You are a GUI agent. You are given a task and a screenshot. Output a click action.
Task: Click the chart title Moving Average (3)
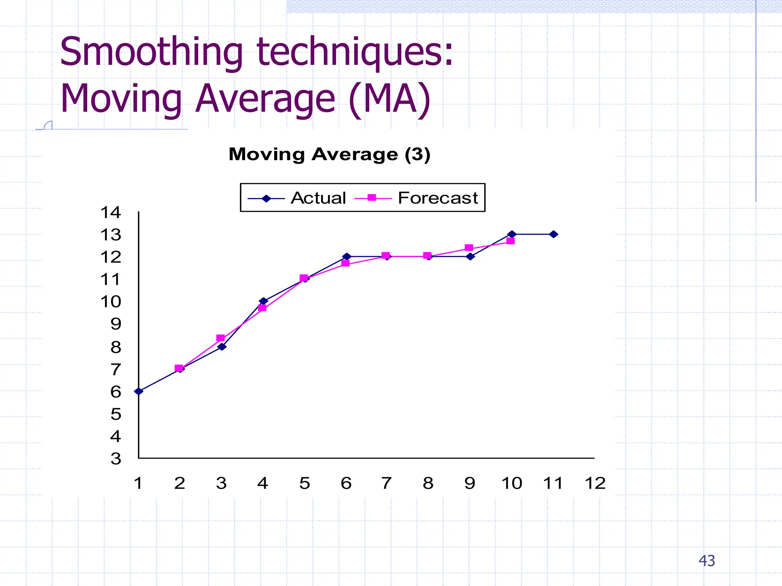(x=330, y=155)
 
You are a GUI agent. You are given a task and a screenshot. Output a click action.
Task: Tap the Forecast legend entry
(x=416, y=198)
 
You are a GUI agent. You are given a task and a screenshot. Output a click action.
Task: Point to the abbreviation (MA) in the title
(x=389, y=98)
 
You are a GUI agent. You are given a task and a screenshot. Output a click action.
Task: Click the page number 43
(x=707, y=560)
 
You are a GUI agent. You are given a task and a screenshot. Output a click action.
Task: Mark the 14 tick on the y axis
(x=111, y=213)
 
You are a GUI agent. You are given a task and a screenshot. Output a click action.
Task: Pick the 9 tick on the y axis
(x=116, y=324)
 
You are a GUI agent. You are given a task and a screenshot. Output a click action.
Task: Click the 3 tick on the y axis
(x=116, y=459)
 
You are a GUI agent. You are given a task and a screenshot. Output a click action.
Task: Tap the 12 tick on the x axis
(x=595, y=483)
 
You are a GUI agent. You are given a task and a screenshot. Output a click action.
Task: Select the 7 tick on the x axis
(x=386, y=483)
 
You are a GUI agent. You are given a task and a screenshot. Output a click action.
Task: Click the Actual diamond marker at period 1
(x=139, y=391)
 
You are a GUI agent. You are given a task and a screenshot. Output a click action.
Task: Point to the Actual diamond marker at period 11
(x=554, y=234)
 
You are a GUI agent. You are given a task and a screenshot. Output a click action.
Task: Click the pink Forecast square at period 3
(x=220, y=338)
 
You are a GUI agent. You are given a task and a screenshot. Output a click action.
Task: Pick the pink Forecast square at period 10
(x=511, y=241)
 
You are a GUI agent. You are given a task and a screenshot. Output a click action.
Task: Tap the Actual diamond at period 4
(x=263, y=301)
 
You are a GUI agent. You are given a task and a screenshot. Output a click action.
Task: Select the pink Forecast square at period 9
(x=469, y=248)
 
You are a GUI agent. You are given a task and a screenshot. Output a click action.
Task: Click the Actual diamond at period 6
(x=346, y=256)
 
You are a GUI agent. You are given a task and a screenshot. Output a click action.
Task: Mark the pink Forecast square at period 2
(x=179, y=368)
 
